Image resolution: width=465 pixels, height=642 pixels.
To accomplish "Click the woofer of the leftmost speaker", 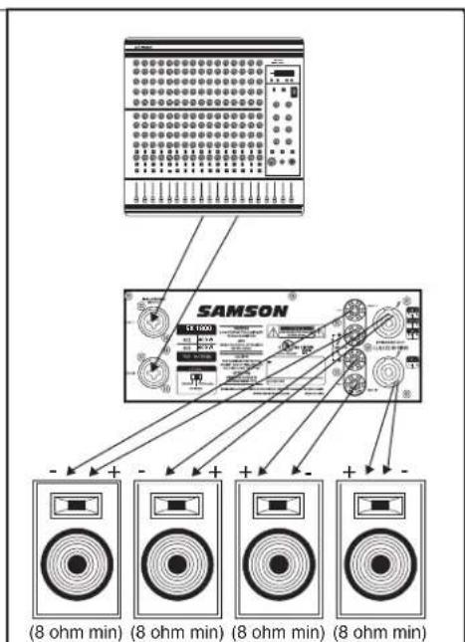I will click(x=76, y=563).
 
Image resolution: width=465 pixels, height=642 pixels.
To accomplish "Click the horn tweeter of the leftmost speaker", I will click(x=76, y=507).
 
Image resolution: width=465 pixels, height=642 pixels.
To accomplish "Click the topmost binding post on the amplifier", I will click(x=349, y=309).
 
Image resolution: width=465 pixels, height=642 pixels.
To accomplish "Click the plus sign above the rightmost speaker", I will click(x=349, y=468).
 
